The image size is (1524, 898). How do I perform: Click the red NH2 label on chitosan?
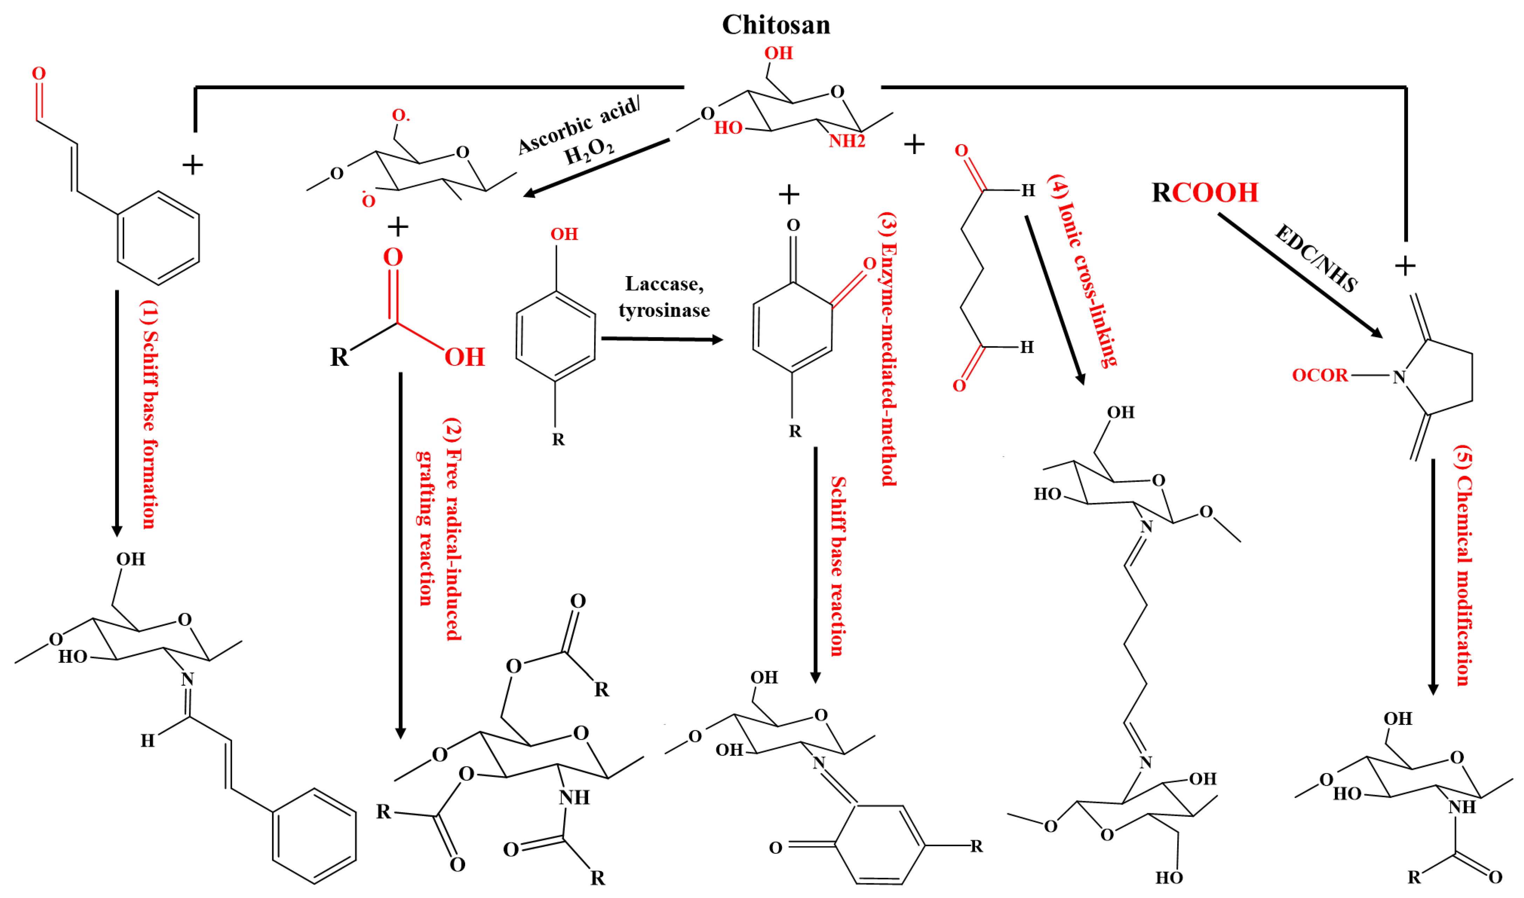point(847,141)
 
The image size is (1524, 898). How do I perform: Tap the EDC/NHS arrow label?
point(1316,258)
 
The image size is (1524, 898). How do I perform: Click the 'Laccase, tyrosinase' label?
point(664,296)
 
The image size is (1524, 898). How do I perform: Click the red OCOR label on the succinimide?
point(1320,376)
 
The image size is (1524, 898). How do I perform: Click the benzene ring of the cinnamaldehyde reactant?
point(159,238)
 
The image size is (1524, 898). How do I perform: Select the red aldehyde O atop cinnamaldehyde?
point(39,73)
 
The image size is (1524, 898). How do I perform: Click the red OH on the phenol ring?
point(564,234)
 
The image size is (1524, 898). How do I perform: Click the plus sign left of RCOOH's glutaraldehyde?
point(914,145)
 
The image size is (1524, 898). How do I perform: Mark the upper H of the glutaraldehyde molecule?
point(1028,191)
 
